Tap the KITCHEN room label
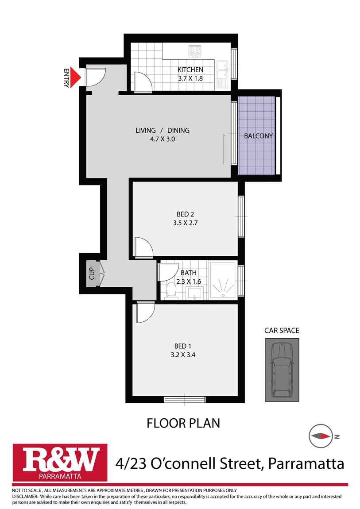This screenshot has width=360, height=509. pos(190,70)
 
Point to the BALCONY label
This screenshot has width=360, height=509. pos(258,136)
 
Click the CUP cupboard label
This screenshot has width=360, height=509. pos(92,274)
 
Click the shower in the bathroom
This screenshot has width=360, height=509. pos(223,281)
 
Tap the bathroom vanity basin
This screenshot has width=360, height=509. pos(195,292)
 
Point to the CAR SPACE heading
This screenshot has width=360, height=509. pos(282,330)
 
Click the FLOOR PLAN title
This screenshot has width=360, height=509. pos(183,423)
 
